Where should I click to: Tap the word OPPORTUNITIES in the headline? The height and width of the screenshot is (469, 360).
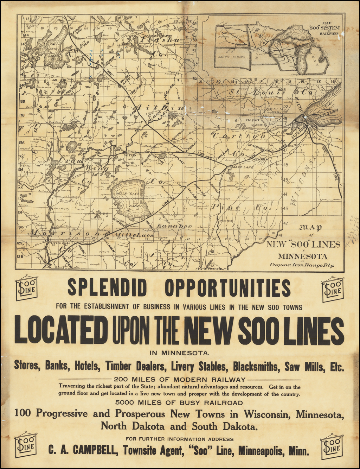(x=228, y=288)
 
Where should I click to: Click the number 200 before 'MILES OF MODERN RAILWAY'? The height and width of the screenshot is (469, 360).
(x=121, y=380)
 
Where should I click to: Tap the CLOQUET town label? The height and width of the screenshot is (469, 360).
(x=253, y=120)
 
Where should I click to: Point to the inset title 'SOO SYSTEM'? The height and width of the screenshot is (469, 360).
(x=324, y=27)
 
